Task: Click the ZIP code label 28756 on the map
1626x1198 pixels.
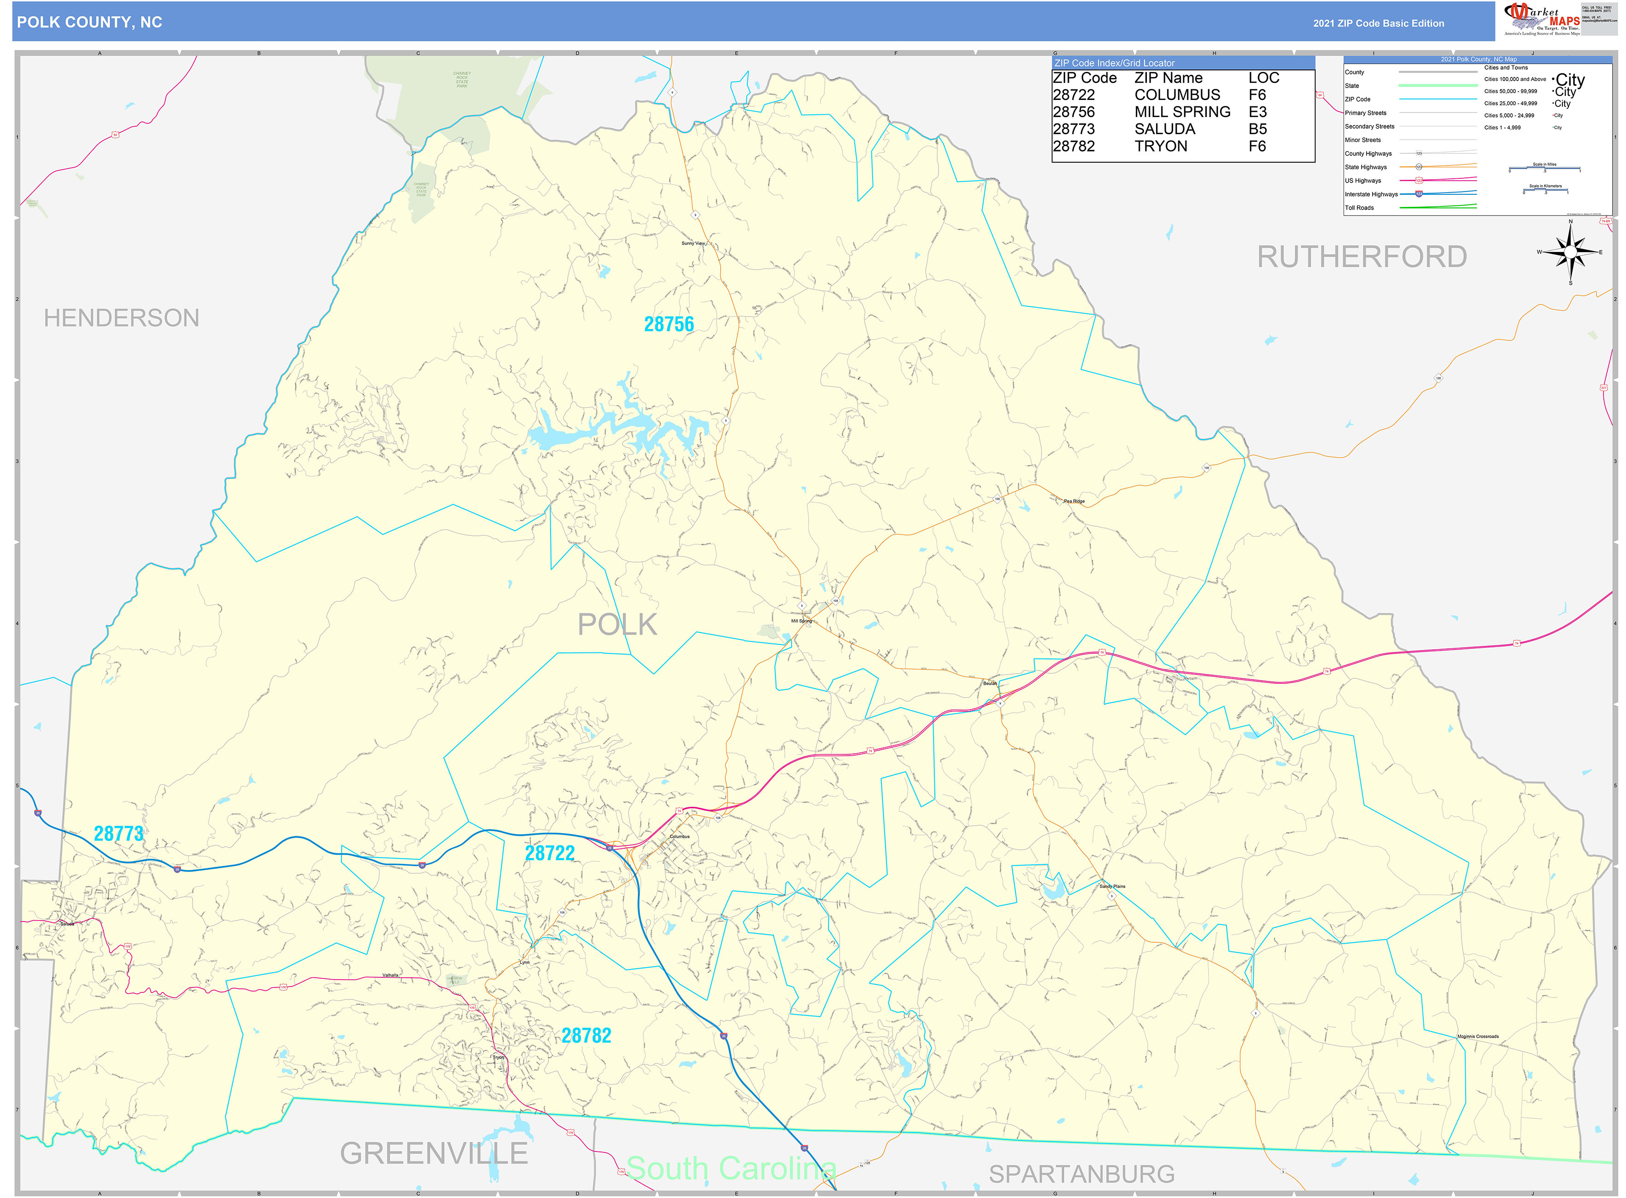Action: coord(668,324)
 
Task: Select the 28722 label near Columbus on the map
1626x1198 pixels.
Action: coord(549,853)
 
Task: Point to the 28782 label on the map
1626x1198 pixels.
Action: coord(586,1035)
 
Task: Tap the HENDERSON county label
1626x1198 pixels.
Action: coord(121,317)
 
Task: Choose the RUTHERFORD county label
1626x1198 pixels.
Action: coord(1361,257)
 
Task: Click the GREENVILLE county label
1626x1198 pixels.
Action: coord(433,1153)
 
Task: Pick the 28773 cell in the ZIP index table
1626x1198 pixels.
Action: coord(1074,129)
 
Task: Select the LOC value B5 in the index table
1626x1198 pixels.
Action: coord(1257,129)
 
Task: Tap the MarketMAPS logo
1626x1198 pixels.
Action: coord(1541,19)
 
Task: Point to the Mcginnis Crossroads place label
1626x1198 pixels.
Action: coord(1477,1036)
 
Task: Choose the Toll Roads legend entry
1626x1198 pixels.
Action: coord(1359,208)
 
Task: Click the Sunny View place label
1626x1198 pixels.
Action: coord(693,243)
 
